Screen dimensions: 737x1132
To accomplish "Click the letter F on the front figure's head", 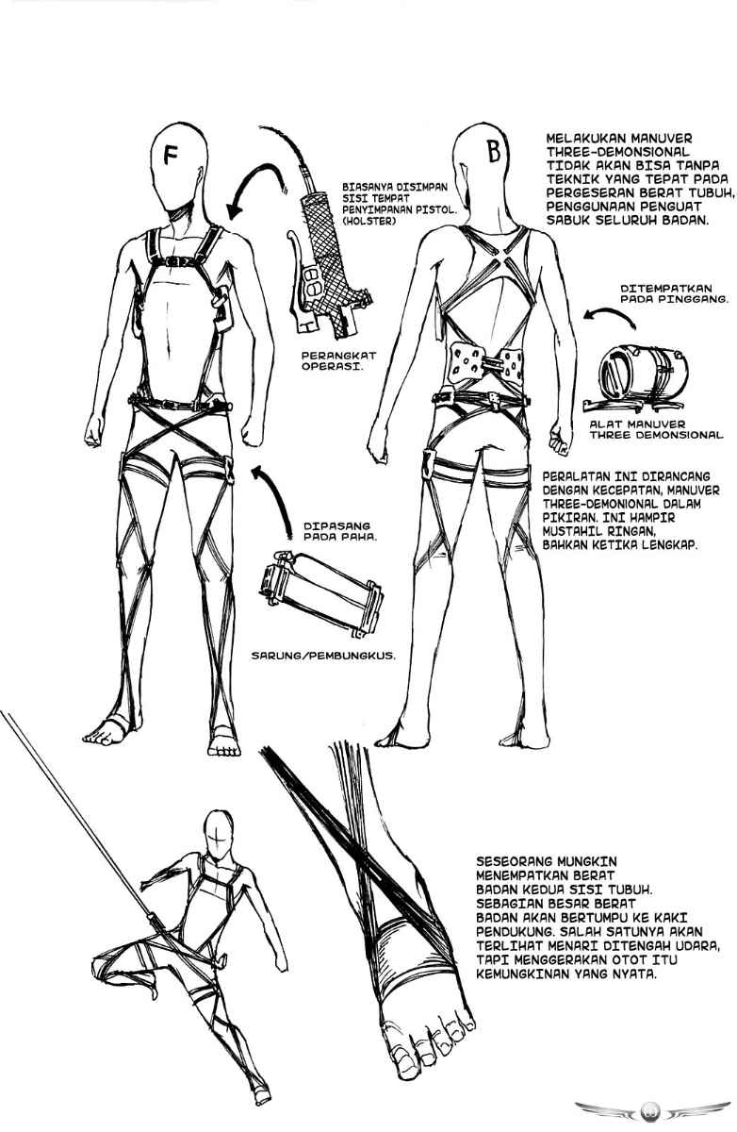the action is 171,155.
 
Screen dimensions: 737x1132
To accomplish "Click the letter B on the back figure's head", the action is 494,152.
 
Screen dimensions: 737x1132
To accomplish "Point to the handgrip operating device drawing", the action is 327,268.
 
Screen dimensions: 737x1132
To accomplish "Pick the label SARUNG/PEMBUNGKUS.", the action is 323,656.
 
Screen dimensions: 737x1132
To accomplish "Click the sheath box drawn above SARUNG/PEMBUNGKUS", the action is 320,593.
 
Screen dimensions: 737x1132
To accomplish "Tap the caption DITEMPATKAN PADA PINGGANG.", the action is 675,293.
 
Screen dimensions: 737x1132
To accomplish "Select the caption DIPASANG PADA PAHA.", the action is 340,531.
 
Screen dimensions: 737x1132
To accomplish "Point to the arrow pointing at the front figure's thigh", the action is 273,500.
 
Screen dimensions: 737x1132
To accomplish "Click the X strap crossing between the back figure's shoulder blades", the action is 495,261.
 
